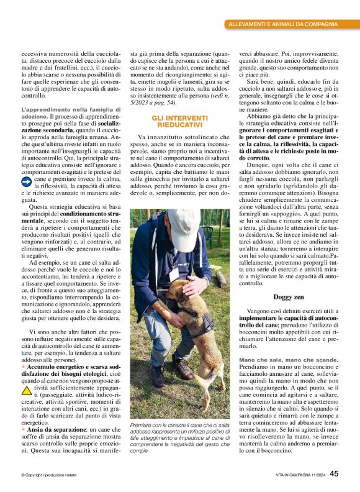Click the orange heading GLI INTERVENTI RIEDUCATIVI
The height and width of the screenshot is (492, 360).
pyautogui.click(x=179, y=122)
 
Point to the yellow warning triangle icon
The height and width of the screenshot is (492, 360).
pyautogui.click(x=27, y=391)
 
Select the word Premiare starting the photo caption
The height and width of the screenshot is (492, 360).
pyautogui.click(x=142, y=424)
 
